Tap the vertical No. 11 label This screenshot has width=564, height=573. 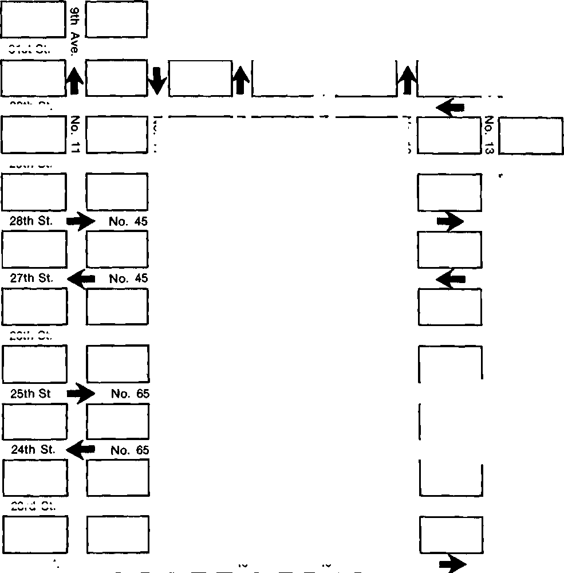(x=76, y=135)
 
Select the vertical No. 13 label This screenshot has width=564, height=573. (x=489, y=135)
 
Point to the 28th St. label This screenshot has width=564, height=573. (x=31, y=221)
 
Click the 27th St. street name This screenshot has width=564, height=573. (x=31, y=278)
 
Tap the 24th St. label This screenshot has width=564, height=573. (x=33, y=450)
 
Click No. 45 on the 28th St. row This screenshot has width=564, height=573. (x=128, y=221)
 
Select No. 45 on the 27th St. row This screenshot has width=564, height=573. (x=128, y=279)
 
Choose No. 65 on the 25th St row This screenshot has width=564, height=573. (x=130, y=394)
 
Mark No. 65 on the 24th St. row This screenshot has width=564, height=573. (x=130, y=450)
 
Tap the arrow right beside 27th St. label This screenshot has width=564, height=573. (x=81, y=279)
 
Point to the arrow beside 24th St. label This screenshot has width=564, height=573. (x=81, y=450)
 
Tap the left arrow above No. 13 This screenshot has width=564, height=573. (x=450, y=107)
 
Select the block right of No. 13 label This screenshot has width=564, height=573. (x=531, y=135)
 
